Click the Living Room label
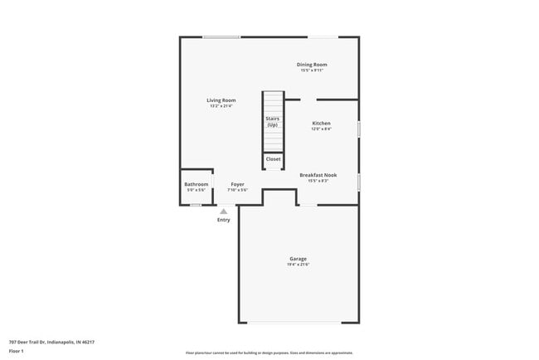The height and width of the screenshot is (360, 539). click(x=221, y=100)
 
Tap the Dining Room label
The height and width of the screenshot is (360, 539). click(x=313, y=65)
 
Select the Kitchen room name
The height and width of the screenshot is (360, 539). click(x=321, y=124)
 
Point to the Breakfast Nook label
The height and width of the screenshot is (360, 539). click(x=318, y=175)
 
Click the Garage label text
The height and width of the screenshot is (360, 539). click(x=298, y=259)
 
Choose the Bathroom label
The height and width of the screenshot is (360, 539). click(x=197, y=184)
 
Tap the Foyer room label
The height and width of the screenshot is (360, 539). click(x=237, y=184)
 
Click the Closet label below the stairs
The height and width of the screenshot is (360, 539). click(x=273, y=158)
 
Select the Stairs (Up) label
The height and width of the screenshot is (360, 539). click(x=272, y=121)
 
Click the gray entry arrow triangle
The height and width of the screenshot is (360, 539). click(x=223, y=212)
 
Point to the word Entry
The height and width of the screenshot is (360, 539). click(x=224, y=220)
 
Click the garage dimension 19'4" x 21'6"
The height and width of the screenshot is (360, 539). click(x=299, y=265)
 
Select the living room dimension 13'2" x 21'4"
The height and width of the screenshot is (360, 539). click(x=221, y=106)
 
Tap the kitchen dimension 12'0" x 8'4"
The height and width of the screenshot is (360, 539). click(x=321, y=129)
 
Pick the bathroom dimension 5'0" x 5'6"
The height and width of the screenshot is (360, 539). click(x=197, y=190)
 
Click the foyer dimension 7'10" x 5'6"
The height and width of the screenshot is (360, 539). click(x=237, y=190)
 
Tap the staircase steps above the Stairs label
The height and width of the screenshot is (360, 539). click(x=273, y=103)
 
